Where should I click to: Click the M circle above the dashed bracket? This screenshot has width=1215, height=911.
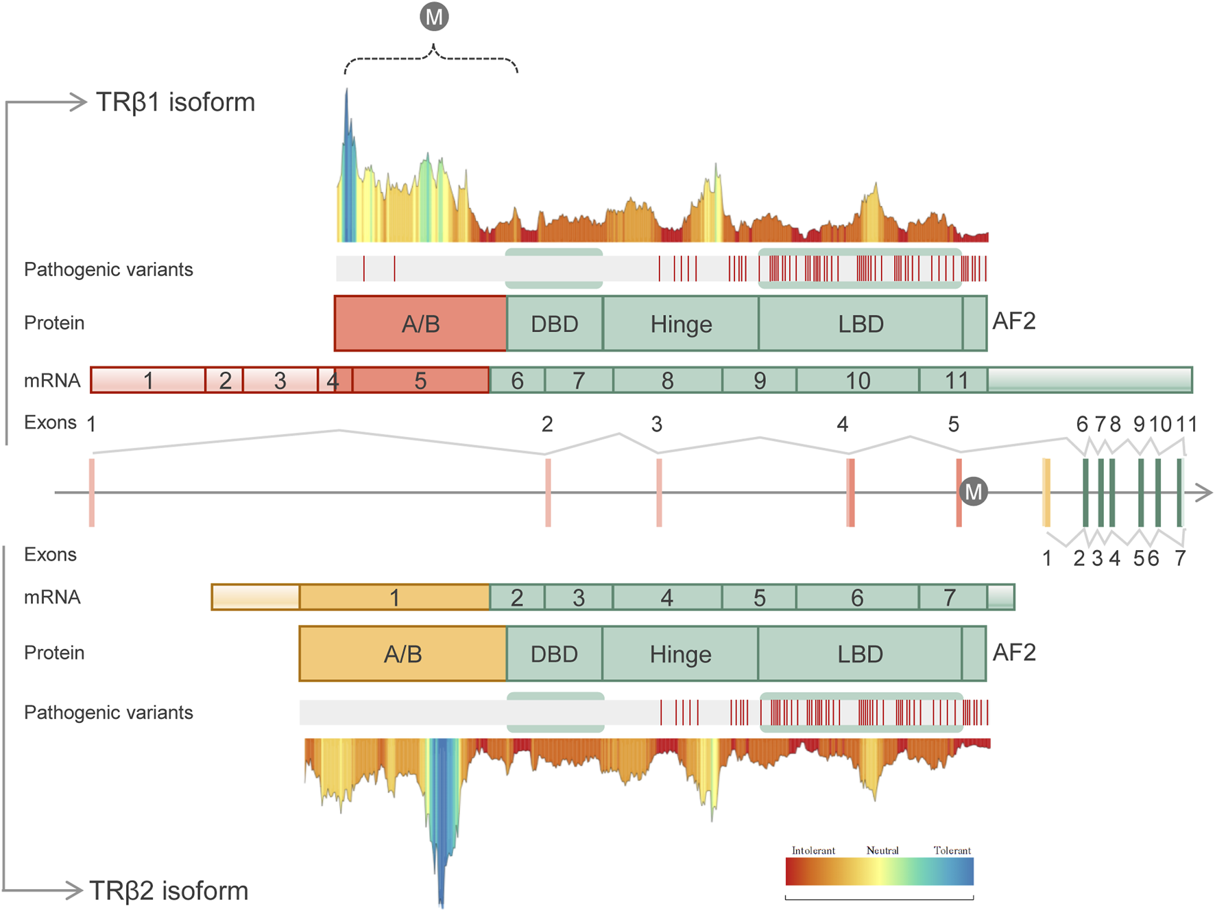coord(434,16)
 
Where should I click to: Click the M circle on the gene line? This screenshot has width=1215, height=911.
coord(973,491)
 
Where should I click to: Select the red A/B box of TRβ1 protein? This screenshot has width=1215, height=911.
coord(420,324)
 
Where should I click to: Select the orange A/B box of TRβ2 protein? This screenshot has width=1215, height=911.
coord(402,654)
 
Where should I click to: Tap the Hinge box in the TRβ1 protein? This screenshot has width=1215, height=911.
coord(681,324)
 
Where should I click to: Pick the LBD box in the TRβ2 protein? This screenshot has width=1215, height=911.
coord(860,654)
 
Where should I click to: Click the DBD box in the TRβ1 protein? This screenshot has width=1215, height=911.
coord(555,324)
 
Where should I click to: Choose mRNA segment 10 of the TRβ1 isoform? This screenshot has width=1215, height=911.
coord(857,380)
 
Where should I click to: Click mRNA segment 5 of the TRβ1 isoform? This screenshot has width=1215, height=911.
coord(420,380)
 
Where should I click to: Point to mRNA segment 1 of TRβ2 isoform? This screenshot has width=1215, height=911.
coord(394,598)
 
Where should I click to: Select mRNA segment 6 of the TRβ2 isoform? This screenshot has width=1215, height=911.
coord(857,598)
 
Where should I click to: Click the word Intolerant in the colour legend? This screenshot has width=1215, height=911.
coord(813,851)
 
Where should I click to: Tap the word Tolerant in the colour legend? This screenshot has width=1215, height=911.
coord(952,851)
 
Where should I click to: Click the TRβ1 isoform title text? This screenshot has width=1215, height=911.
coord(175,102)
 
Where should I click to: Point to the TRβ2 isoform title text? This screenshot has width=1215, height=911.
coord(169,891)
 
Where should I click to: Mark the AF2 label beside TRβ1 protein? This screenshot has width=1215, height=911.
coord(1014,321)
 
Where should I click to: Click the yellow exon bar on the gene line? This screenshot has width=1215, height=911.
coord(1046,493)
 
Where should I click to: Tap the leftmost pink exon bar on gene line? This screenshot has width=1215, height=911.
coord(92,493)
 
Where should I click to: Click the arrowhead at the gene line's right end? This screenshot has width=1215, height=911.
coord(1205,492)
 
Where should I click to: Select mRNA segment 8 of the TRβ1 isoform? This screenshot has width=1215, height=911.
coord(667,380)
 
